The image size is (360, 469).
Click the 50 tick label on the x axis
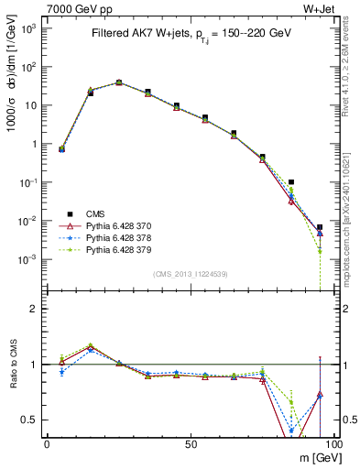[x=190, y=444]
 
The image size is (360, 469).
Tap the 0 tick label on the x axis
[x=47, y=444]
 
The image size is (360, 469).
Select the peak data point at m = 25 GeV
[x=119, y=82]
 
